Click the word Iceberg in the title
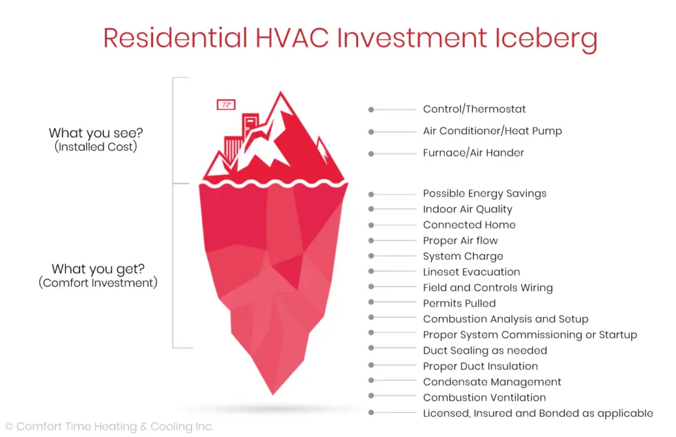(x=546, y=39)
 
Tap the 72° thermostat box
(x=226, y=104)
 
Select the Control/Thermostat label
(x=475, y=109)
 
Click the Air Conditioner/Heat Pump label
(x=493, y=131)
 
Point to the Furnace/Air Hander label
(x=473, y=153)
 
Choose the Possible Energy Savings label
(x=484, y=194)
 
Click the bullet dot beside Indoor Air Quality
(x=371, y=209)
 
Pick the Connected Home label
(x=469, y=225)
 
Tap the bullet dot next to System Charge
(x=371, y=256)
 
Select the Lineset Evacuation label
(x=471, y=272)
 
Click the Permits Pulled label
(x=459, y=303)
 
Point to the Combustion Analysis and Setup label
(x=505, y=319)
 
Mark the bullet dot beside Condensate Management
(x=371, y=380)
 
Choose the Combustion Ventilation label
(x=484, y=398)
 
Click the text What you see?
(x=96, y=133)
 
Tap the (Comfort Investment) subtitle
(x=98, y=283)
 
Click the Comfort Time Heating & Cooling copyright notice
(x=110, y=427)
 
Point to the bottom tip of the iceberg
(x=273, y=394)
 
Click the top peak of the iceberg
(x=281, y=92)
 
